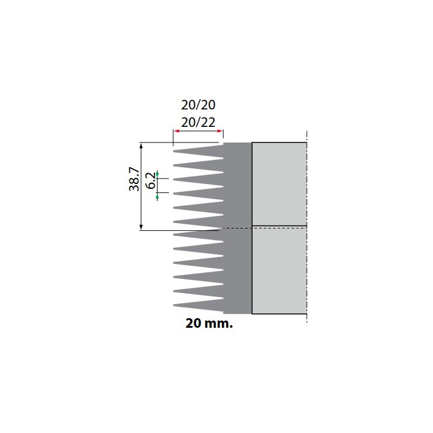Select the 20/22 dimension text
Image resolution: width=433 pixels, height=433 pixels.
tap(198, 122)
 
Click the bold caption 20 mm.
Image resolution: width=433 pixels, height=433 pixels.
tap(209, 324)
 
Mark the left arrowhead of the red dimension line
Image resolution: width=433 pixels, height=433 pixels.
tap(176, 132)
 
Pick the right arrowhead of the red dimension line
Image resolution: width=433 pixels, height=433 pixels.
tap(221, 132)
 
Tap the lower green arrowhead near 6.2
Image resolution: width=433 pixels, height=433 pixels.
tap(157, 196)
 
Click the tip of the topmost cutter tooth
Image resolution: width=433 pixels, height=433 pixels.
tap(174, 150)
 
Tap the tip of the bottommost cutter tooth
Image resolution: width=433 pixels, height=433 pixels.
tap(174, 305)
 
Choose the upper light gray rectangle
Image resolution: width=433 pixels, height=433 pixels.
tap(279, 183)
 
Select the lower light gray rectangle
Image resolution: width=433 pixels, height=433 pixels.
tap(279, 270)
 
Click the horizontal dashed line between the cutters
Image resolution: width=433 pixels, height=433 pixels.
tap(265, 227)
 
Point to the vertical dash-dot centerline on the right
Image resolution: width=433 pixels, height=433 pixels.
tap(307, 229)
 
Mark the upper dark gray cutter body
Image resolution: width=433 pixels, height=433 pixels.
tap(238, 183)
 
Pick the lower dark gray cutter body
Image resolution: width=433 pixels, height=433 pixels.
tap(238, 271)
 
